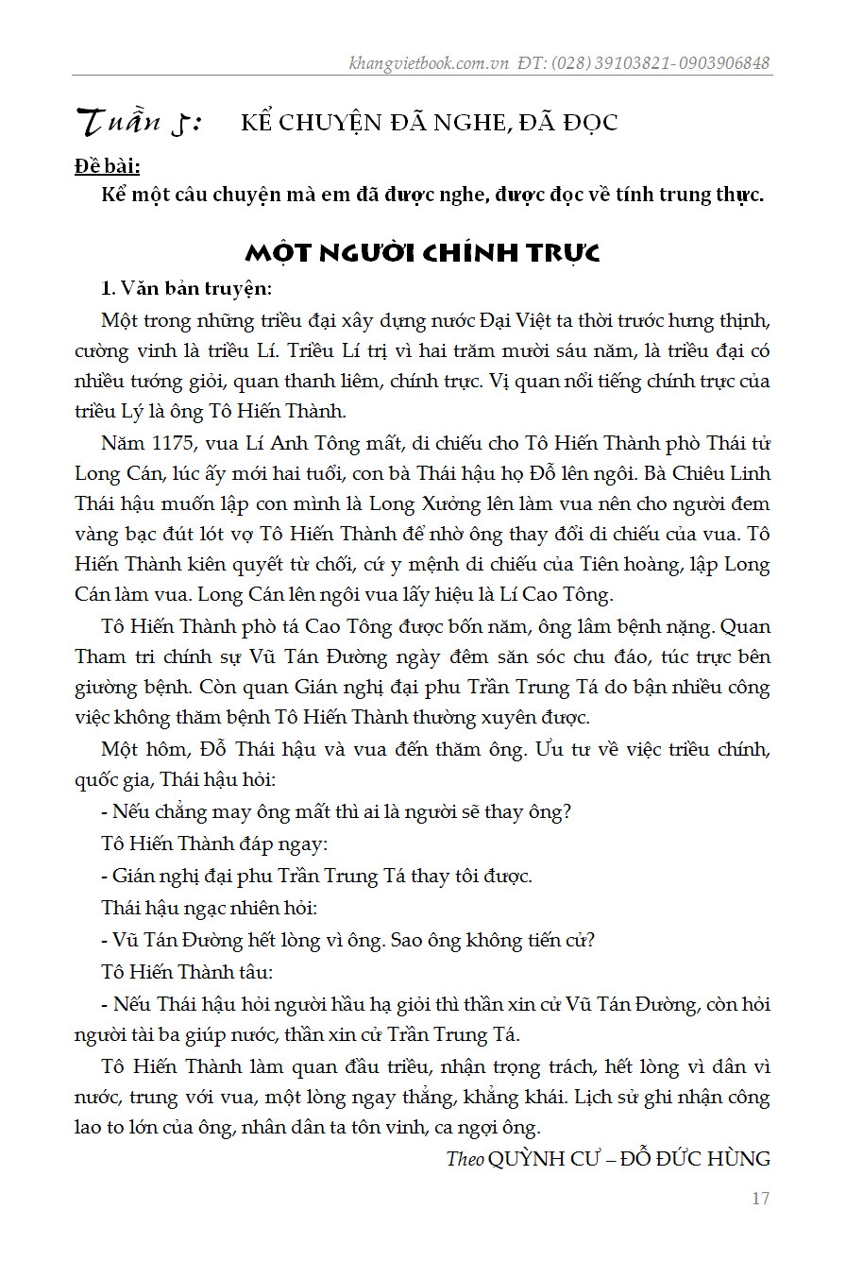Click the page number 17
(x=760, y=1199)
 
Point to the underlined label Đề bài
(x=108, y=167)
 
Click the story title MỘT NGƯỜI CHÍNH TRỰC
(x=422, y=253)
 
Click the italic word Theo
(x=465, y=1158)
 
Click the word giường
(x=103, y=687)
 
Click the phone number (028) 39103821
(x=594, y=63)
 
